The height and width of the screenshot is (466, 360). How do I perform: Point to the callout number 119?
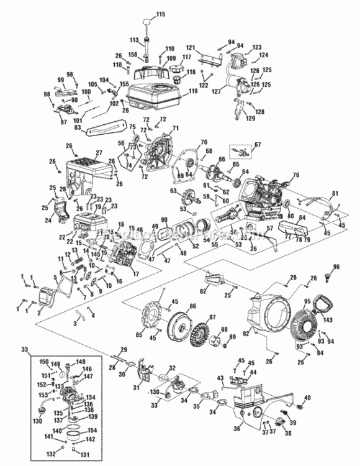point(193,91)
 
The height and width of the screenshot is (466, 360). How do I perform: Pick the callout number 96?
point(337,267)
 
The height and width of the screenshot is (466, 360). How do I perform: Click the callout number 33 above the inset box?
point(24,349)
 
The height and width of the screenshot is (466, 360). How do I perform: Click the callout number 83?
point(78,127)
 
